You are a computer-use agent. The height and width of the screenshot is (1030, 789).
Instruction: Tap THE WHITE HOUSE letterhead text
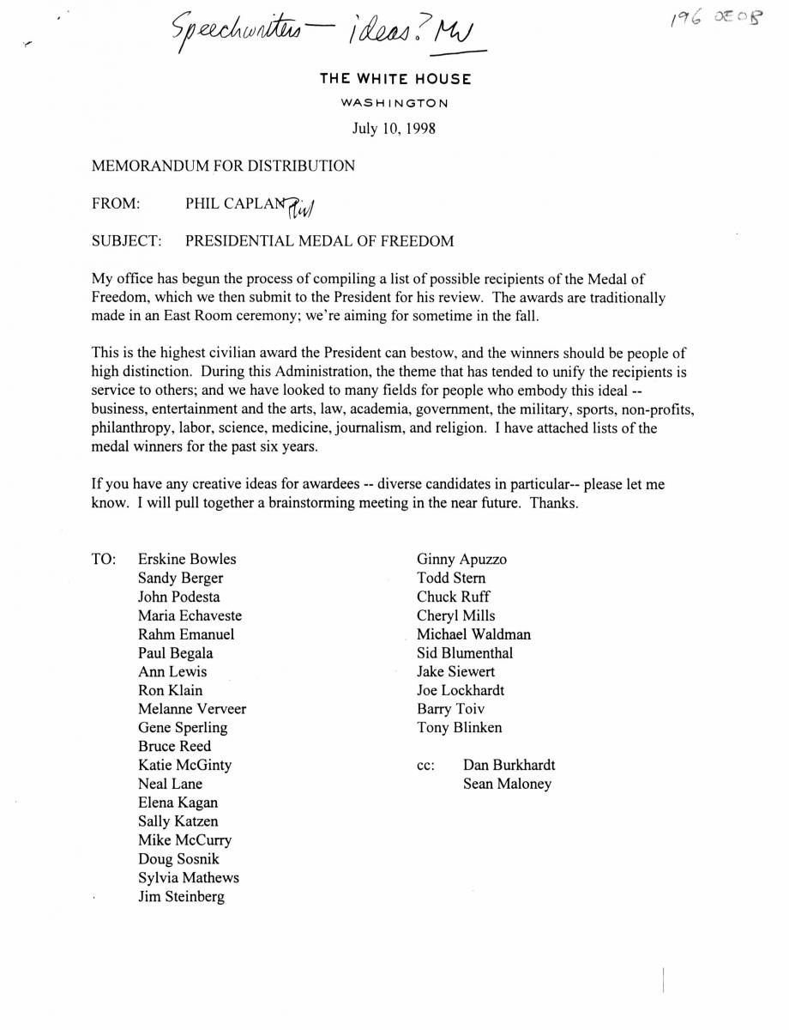[395, 79]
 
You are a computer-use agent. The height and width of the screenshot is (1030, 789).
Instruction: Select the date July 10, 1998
[394, 129]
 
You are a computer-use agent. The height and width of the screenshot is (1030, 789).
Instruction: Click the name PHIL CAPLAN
[238, 204]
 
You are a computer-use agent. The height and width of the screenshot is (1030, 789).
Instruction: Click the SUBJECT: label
[127, 241]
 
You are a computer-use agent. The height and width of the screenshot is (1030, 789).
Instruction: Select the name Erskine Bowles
[187, 559]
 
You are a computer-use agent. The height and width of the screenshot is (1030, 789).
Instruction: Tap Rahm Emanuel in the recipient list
[186, 634]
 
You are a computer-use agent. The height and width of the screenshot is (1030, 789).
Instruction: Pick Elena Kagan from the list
[178, 803]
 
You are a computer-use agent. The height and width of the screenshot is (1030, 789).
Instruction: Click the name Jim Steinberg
[181, 897]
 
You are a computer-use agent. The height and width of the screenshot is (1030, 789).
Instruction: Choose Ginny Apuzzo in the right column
[461, 559]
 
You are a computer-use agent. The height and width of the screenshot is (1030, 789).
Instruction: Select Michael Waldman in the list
[473, 634]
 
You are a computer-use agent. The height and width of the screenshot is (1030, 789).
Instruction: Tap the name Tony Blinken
[460, 728]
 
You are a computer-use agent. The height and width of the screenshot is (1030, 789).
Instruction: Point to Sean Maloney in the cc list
[507, 784]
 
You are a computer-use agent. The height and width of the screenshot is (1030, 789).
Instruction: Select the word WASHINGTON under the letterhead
[394, 103]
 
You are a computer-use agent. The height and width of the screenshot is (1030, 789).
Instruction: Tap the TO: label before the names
[104, 559]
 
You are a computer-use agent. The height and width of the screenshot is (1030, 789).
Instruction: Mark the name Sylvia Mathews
[189, 878]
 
